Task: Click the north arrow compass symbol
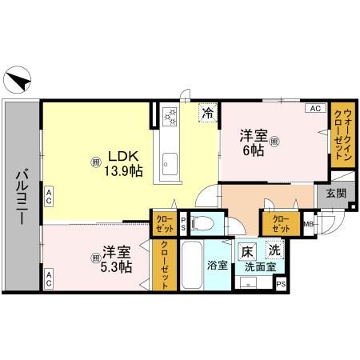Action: click(x=19, y=81)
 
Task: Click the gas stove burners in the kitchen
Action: click(x=170, y=118)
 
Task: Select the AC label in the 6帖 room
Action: click(x=314, y=107)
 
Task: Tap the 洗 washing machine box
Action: click(x=273, y=250)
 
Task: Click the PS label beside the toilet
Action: click(x=183, y=224)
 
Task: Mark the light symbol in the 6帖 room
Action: click(x=274, y=143)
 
